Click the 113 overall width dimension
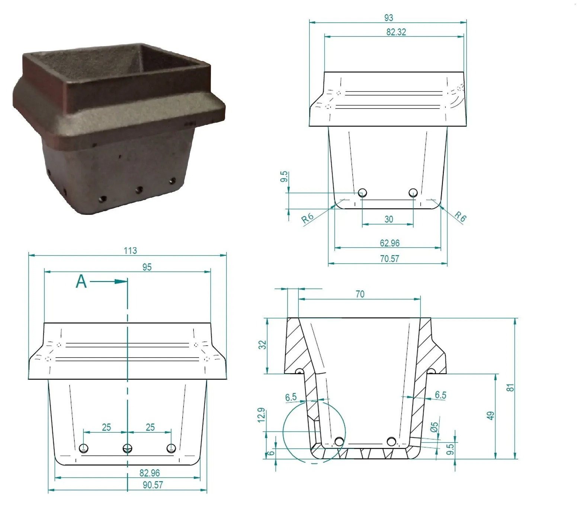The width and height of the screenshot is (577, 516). tap(130, 251)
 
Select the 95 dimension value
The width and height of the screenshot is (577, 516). tap(147, 267)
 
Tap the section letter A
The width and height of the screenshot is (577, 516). tap(81, 282)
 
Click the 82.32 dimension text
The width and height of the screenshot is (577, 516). tap(396, 32)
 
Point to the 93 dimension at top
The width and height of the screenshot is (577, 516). tap(388, 18)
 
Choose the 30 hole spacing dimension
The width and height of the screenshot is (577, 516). tap(388, 219)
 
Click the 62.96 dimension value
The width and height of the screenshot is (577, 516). tap(390, 243)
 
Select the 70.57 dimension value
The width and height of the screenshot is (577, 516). tap(390, 259)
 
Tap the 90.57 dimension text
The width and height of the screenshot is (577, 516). tap(153, 485)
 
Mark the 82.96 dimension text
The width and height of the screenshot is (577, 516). tap(150, 473)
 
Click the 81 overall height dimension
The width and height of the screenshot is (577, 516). tap(511, 387)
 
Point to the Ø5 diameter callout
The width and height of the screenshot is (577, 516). tap(435, 427)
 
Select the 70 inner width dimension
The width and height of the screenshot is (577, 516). tap(360, 294)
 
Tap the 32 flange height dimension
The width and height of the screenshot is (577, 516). tap(263, 345)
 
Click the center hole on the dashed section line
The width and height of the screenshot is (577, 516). tap(127, 448)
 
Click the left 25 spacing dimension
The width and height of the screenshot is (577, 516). tap(106, 427)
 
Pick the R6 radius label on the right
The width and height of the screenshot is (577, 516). tap(460, 216)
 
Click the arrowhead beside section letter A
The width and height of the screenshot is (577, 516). tap(121, 281)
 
